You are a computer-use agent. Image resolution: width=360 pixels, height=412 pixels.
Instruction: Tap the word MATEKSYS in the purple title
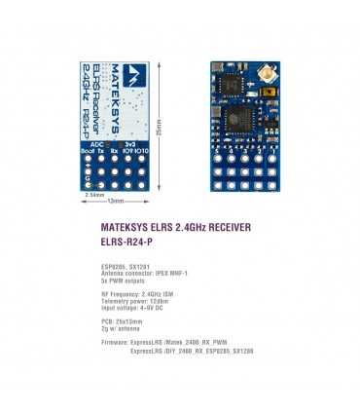125,227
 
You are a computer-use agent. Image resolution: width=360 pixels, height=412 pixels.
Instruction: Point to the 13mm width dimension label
116,201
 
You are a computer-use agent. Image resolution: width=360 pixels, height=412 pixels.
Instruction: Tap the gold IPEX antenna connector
262,74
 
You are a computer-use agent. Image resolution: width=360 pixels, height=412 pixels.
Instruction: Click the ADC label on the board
96,142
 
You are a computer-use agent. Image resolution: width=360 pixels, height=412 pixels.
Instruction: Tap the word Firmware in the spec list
116,344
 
